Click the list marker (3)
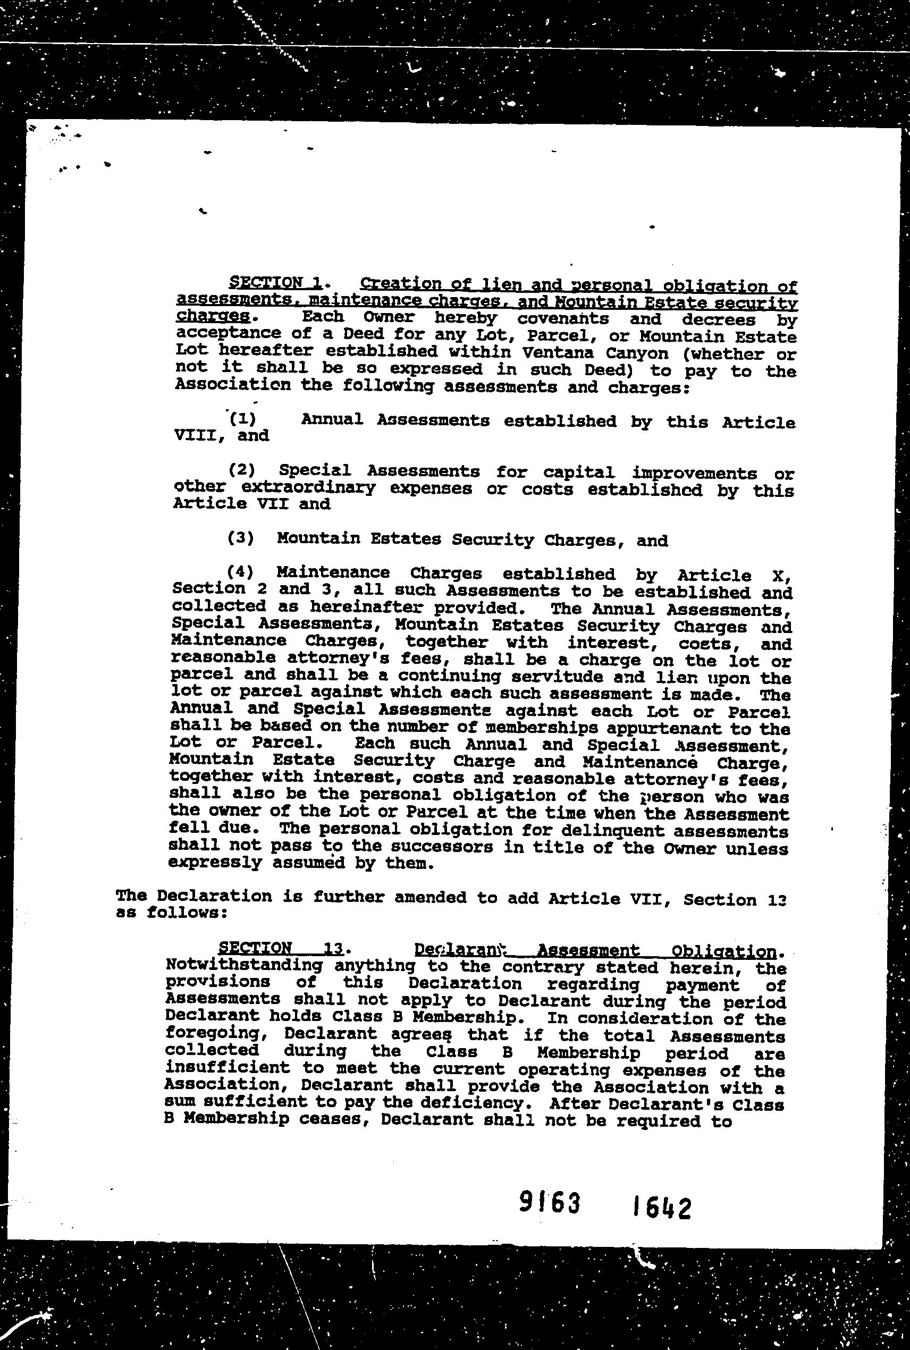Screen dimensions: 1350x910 pos(241,538)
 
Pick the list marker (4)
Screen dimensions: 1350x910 pos(240,572)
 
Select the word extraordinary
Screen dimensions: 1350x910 pos(308,487)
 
